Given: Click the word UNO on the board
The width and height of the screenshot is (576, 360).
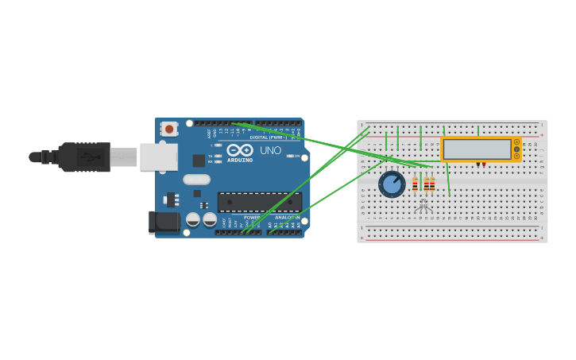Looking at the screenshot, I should [270, 150].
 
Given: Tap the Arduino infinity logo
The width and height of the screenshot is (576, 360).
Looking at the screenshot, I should [240, 149].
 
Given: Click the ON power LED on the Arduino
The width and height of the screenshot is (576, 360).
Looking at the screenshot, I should [290, 156].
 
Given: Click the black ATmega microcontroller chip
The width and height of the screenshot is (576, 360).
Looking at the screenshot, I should [259, 202].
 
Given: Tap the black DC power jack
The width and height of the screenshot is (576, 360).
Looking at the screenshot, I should [164, 222].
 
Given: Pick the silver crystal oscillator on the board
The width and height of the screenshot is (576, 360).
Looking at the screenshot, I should [197, 180].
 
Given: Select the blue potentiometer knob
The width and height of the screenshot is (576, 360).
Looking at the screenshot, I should [392, 184].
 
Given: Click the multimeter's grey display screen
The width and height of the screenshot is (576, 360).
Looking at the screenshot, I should [477, 149].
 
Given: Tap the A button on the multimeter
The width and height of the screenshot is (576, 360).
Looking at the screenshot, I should [516, 141].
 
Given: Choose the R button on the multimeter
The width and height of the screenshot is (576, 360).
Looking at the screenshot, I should [516, 156].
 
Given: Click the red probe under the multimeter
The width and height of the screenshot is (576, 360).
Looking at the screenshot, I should [484, 165].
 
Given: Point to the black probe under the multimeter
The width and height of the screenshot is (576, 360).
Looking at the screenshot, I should [477, 165].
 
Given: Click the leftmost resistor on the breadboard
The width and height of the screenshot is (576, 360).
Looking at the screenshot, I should [415, 184].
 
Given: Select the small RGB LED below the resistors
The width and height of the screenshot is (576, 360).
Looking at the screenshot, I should [423, 205].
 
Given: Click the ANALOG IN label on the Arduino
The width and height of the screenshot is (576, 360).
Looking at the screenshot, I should [287, 217].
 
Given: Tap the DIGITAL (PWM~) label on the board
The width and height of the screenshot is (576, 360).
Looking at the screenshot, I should [269, 137].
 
